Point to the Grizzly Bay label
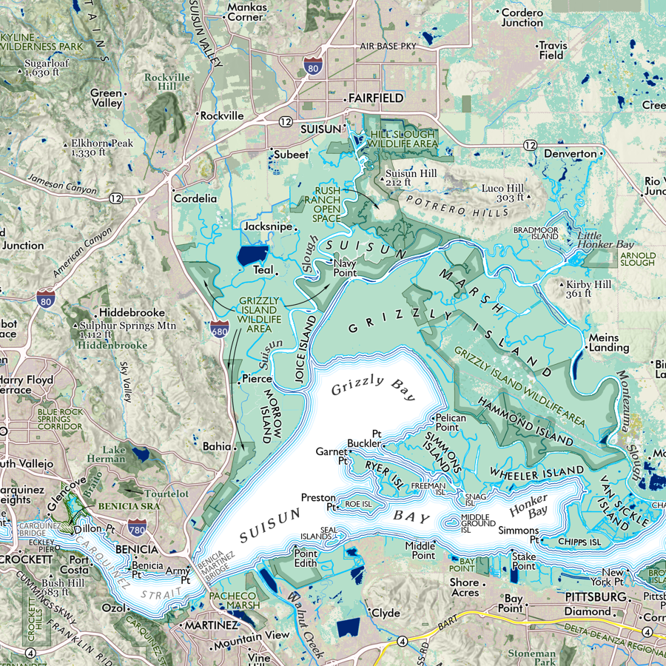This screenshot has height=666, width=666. [373, 388]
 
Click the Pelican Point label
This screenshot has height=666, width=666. [451, 423]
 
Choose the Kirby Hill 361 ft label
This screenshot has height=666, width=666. [589, 289]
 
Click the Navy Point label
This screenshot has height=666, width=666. [345, 268]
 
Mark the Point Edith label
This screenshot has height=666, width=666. [306, 558]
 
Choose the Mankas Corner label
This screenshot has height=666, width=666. [247, 12]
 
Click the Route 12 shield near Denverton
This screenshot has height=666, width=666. [528, 145]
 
